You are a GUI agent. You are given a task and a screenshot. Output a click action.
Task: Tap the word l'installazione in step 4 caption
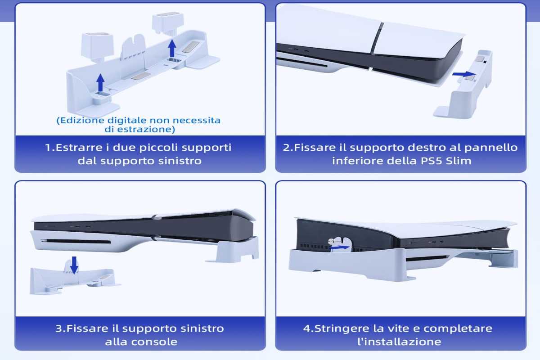coord(400,342)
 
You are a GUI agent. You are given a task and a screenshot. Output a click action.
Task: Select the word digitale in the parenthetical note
coord(127,120)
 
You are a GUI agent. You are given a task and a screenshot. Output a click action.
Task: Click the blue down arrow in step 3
coord(74,265)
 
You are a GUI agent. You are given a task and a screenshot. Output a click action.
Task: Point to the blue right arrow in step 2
coord(464,74)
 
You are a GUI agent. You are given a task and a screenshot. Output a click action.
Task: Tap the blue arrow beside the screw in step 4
coord(340,247)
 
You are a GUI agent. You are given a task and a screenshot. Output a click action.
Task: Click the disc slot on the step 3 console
coord(76,241)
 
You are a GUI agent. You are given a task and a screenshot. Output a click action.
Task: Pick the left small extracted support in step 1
coord(97,47)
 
